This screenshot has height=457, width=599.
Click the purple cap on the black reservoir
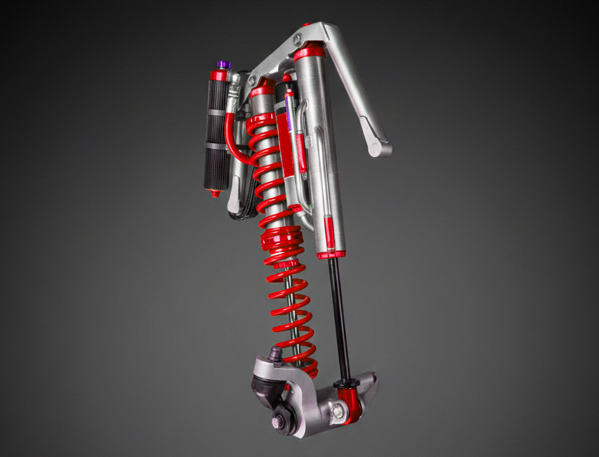point(223,64)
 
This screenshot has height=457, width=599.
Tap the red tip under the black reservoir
point(215,194)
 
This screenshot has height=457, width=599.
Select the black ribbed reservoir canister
point(217,132)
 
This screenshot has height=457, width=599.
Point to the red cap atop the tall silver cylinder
point(309,51)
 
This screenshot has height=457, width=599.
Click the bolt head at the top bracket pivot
point(297,40)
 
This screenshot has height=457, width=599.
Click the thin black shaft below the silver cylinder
point(338,313)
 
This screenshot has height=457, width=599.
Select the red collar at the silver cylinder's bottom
point(330,254)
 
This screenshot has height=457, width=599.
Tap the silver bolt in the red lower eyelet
point(338,411)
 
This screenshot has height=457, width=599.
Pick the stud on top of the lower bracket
point(275,354)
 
